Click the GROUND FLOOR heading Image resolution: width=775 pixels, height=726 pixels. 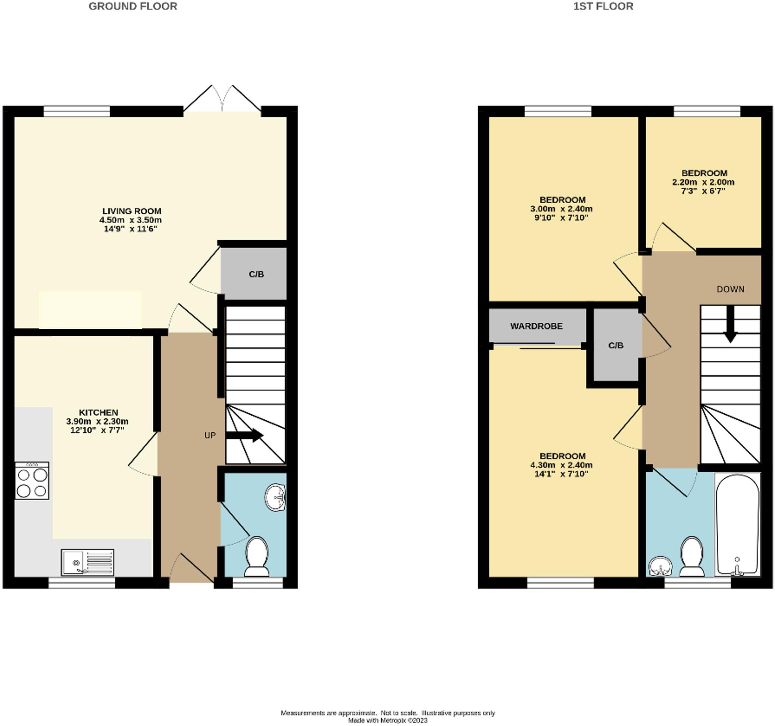[133, 6]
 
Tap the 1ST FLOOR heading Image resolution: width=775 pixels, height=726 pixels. [603, 6]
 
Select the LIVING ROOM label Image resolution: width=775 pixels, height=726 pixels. [132, 211]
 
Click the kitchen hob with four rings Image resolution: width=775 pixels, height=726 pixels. [32, 480]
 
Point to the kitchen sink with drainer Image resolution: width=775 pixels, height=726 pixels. [88, 562]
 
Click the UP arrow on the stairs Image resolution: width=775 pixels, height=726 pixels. [244, 435]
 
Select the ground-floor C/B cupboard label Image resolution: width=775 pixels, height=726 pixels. [256, 274]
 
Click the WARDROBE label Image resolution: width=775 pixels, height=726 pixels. [537, 326]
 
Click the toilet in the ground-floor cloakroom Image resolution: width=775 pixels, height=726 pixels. [257, 556]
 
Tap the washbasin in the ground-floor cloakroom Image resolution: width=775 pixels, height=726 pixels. [275, 497]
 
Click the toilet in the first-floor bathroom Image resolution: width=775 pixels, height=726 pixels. [692, 556]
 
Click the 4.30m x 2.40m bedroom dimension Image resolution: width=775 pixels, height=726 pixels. [561, 465]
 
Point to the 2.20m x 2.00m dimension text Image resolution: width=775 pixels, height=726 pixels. [703, 182]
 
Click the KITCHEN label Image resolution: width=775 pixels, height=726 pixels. [98, 412]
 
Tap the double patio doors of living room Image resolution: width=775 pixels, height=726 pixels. [222, 101]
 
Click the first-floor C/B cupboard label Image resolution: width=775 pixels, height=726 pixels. [616, 345]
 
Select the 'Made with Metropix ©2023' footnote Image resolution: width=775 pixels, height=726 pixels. [388, 721]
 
